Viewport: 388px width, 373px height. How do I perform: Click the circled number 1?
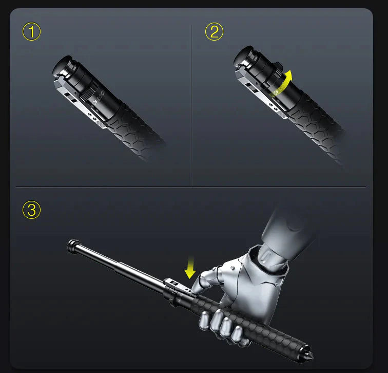32,32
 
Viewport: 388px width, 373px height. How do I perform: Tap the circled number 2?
214,32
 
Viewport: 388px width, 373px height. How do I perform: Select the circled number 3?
32,210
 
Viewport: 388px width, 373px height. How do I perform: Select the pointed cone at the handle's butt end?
309,355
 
